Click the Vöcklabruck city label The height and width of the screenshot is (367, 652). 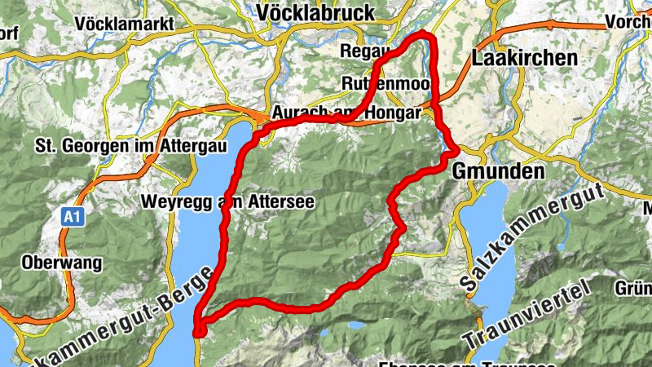tap(315, 12)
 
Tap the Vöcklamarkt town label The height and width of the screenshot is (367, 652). tap(124, 24)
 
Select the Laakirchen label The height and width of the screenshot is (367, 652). tap(524, 58)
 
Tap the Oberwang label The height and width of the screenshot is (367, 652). tap(62, 263)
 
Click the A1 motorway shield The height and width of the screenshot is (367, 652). tap(72, 217)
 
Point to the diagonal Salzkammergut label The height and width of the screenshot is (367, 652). tap(530, 237)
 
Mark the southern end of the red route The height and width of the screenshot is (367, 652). tap(199, 331)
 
